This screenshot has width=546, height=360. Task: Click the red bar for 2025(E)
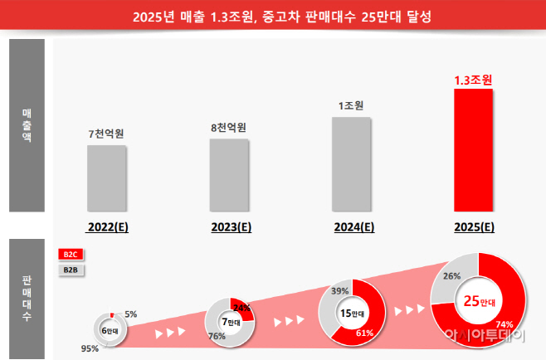[473, 149]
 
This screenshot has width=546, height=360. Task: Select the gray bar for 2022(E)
[107, 178]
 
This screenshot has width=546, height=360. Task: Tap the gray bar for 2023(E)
[229, 174]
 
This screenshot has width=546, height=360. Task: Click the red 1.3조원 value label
[473, 80]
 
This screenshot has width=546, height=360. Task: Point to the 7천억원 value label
[107, 133]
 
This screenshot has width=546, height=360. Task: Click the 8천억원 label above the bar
[229, 127]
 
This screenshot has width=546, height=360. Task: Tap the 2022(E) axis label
[107, 226]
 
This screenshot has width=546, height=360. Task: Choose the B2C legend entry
[71, 255]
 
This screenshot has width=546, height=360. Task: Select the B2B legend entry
[71, 270]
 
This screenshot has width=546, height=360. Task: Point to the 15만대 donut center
[351, 313]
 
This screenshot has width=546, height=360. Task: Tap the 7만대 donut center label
[229, 321]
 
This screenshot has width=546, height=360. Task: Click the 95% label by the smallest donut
[90, 348]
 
